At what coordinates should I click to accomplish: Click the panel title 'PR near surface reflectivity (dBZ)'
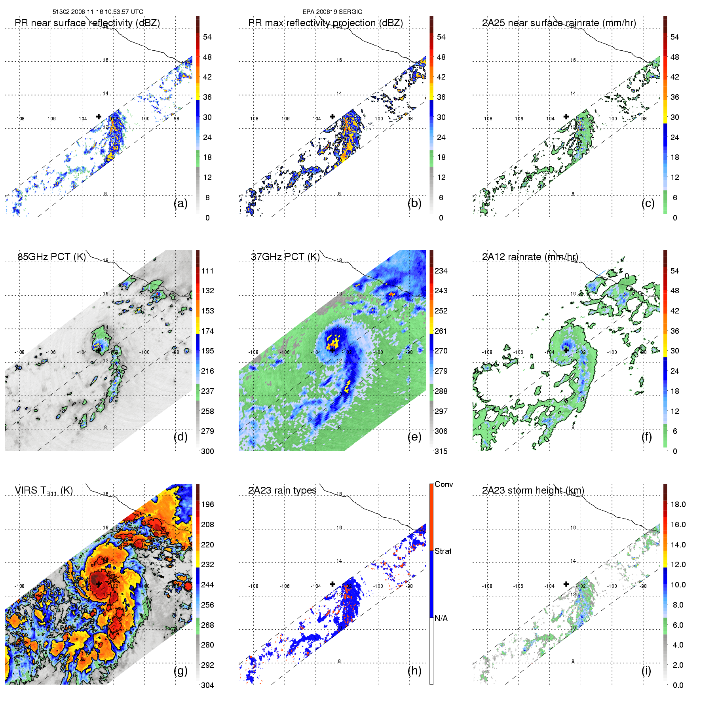(x=87, y=23)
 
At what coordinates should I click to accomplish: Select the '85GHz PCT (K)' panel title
(x=51, y=257)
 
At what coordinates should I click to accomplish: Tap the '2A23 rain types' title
(x=282, y=490)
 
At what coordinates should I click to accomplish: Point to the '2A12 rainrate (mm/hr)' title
(x=530, y=257)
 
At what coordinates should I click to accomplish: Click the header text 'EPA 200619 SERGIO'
(x=332, y=12)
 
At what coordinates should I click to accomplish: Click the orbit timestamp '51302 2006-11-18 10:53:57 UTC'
(x=98, y=12)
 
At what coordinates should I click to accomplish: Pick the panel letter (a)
(x=180, y=203)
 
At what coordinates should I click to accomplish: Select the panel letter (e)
(x=414, y=437)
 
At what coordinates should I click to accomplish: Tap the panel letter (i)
(x=646, y=671)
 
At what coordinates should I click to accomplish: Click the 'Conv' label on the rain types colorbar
(x=444, y=484)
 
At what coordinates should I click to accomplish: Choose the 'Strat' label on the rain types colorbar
(x=443, y=551)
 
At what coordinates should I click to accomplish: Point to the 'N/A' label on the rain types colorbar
(x=441, y=618)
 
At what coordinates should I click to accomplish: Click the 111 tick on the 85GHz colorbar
(x=207, y=271)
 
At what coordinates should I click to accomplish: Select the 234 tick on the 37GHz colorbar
(x=441, y=271)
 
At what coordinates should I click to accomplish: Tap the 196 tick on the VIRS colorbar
(x=207, y=504)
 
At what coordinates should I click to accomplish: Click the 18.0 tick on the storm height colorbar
(x=678, y=504)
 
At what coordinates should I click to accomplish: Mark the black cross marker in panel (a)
(x=99, y=116)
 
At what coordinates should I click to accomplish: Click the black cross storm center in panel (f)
(x=566, y=350)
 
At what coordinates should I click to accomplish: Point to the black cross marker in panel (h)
(x=332, y=584)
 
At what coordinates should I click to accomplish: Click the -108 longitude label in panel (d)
(x=19, y=352)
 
